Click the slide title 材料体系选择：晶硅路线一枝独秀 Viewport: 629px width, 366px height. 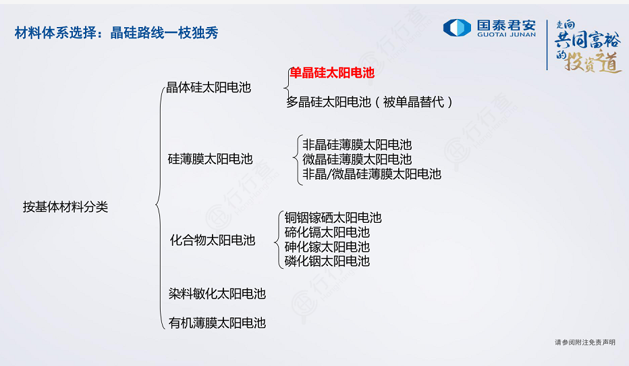[x=116, y=32]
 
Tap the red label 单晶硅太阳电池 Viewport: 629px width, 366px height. [x=332, y=73]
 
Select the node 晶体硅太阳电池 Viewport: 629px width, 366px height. [x=209, y=87]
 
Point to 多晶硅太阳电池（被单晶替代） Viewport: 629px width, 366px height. [x=369, y=102]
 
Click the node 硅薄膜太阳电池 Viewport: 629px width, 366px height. [x=210, y=159]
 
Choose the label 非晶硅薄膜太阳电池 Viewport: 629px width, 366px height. [x=357, y=145]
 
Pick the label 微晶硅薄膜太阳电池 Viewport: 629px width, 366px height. [x=357, y=159]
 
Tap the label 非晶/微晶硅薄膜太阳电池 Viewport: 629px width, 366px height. [x=371, y=174]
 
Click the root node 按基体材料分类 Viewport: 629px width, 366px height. [x=65, y=207]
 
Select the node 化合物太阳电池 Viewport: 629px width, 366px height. [x=213, y=240]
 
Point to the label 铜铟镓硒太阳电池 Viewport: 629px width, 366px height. [x=333, y=217]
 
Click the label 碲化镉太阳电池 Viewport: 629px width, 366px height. [x=327, y=232]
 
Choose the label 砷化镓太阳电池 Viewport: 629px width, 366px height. [x=327, y=246]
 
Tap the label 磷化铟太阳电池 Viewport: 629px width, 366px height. [x=327, y=261]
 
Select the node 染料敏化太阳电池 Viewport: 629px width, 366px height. [x=217, y=294]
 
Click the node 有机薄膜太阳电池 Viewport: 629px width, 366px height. [x=217, y=323]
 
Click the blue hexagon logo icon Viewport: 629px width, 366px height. [x=457, y=28]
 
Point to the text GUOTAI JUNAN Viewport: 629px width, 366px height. [x=506, y=34]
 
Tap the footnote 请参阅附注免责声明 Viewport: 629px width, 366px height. [x=585, y=342]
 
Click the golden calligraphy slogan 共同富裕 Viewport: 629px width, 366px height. [x=588, y=40]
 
